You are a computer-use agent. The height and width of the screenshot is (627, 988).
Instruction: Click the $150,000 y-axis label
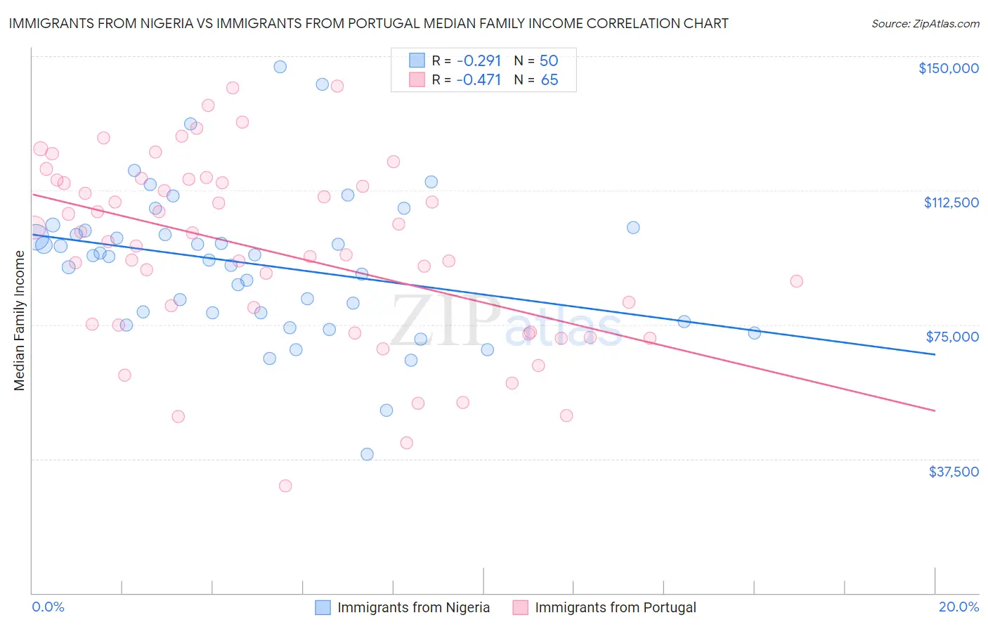[x=948, y=68]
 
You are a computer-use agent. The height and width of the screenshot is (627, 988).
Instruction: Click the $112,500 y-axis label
[x=951, y=202]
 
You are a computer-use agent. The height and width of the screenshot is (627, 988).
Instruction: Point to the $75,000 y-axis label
[x=952, y=337]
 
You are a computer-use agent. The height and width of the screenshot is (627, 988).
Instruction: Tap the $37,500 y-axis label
[x=954, y=472]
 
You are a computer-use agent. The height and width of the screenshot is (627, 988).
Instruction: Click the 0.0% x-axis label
[x=48, y=607]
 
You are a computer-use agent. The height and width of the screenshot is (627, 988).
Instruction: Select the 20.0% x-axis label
[x=958, y=607]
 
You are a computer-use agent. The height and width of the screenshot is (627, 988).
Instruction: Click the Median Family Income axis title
[x=19, y=321]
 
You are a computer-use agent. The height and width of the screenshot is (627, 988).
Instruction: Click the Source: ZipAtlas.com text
[x=925, y=23]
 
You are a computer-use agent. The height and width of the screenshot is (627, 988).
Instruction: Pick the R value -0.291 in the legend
[x=479, y=60]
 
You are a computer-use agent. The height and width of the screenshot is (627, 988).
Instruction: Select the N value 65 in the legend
[x=550, y=80]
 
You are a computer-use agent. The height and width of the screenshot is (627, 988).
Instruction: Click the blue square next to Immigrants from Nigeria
[x=323, y=607]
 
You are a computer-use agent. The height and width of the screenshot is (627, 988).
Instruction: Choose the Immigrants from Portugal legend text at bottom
[x=615, y=607]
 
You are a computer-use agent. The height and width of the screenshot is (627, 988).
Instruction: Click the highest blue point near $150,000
[x=280, y=67]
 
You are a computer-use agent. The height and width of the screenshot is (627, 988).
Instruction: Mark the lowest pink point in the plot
[x=285, y=486]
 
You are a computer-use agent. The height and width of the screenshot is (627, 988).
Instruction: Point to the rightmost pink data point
[x=796, y=281]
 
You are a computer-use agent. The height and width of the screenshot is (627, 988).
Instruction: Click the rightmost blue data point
[x=754, y=333]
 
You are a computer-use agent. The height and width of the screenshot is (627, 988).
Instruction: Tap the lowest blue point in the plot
[x=367, y=454]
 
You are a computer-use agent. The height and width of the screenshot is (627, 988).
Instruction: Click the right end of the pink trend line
[x=935, y=411]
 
